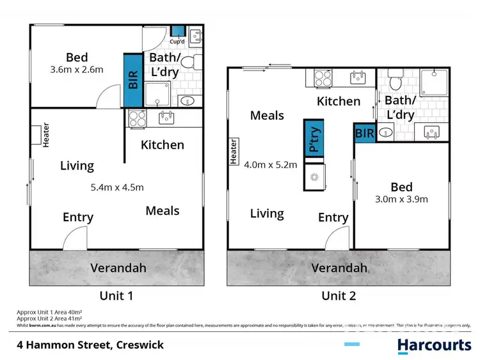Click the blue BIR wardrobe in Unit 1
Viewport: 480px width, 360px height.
point(133,80)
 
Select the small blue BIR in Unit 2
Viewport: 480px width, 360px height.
point(364,134)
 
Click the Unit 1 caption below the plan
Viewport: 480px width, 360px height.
point(116,295)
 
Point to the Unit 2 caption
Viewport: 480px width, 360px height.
point(339,295)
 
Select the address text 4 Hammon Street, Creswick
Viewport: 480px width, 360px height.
point(90,345)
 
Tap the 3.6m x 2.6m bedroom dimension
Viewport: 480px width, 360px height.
point(77,70)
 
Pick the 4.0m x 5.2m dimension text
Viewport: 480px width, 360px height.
point(271,164)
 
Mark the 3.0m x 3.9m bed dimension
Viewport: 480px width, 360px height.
point(401,198)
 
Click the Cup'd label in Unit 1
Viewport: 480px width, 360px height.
point(177,42)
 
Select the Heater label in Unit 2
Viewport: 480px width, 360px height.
point(234,152)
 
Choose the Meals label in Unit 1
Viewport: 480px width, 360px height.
point(163,210)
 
